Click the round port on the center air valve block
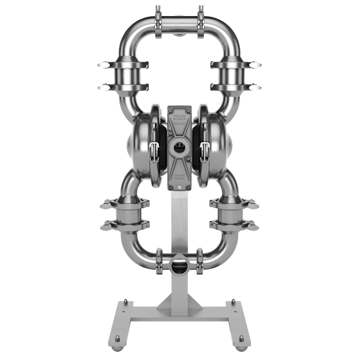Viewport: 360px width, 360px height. click(x=179, y=146)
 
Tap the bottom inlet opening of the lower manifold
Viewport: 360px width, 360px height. click(x=179, y=265)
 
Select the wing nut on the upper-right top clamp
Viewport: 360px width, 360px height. click(x=256, y=65)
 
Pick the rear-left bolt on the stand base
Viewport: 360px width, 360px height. click(x=125, y=301)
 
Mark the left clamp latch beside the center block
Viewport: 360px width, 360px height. click(x=154, y=150)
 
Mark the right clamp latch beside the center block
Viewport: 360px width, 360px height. click(x=205, y=150)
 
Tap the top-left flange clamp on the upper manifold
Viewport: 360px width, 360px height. click(x=158, y=15)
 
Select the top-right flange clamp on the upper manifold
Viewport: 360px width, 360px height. click(x=200, y=15)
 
